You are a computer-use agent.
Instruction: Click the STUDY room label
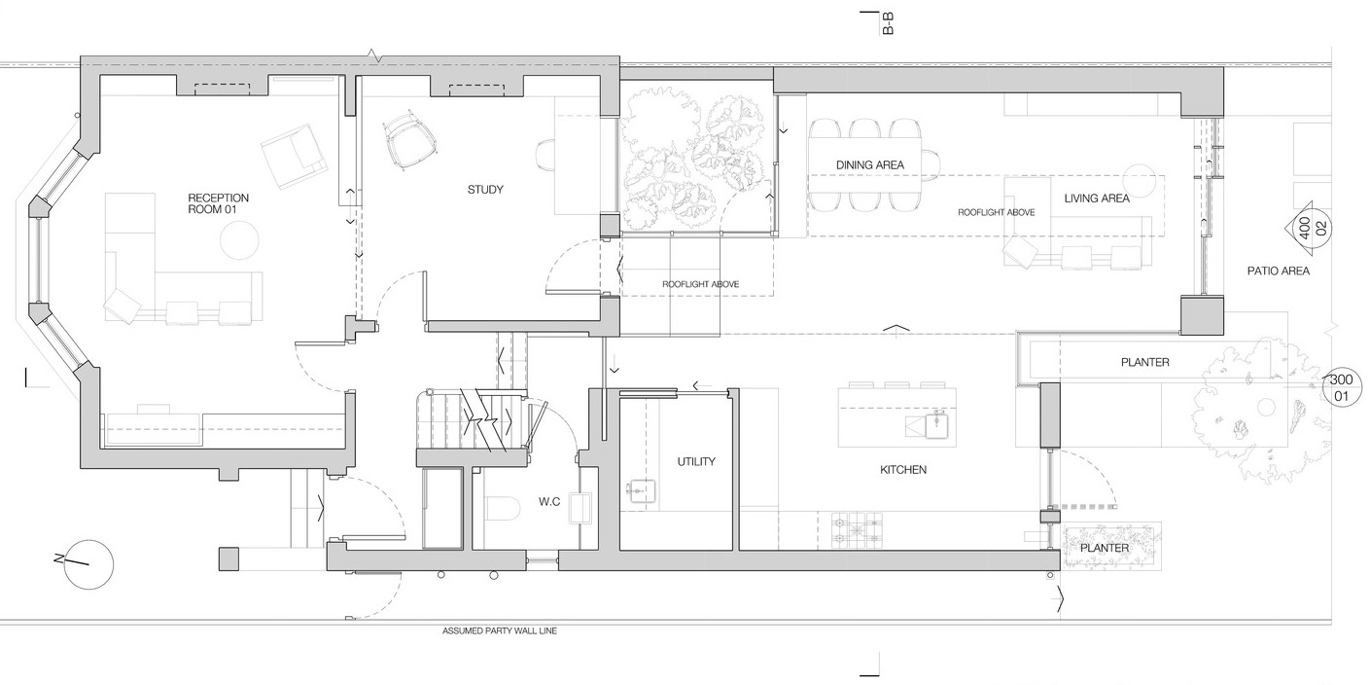pos(485,190)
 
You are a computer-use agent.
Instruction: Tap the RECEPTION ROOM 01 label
pos(219,203)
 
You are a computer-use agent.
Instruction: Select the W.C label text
pos(549,502)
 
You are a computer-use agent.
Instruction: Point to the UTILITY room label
pos(696,461)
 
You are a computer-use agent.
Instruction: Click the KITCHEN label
pos(902,470)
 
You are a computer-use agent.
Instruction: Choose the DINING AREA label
pos(869,164)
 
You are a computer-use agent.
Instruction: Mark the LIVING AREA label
pos(1097,198)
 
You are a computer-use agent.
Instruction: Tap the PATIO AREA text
pos(1279,270)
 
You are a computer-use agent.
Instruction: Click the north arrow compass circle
pos(89,564)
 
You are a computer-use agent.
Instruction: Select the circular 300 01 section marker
pos(1341,388)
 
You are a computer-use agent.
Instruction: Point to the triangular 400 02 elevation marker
pos(1308,228)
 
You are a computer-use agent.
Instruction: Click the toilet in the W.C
pos(503,509)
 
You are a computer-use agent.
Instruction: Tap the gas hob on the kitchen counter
pos(857,530)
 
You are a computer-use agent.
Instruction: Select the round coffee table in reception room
pos(239,239)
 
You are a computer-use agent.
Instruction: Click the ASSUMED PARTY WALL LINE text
pos(500,631)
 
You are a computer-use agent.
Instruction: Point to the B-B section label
pos(888,23)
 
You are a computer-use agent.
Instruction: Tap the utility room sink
pos(641,491)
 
